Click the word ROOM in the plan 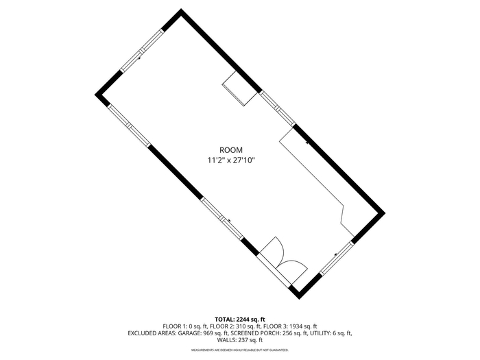click(231, 150)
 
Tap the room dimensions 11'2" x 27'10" click(231, 160)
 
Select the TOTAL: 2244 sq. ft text click(240, 320)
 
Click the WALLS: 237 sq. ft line click(240, 340)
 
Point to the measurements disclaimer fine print click(240, 350)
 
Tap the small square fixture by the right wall click(239, 88)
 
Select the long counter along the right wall click(317, 180)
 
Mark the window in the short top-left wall click(141, 51)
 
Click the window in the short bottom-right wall click(337, 258)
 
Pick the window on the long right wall click(277, 108)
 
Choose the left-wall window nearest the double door click(222, 219)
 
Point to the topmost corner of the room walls click(181, 9)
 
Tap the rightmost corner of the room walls click(385, 213)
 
